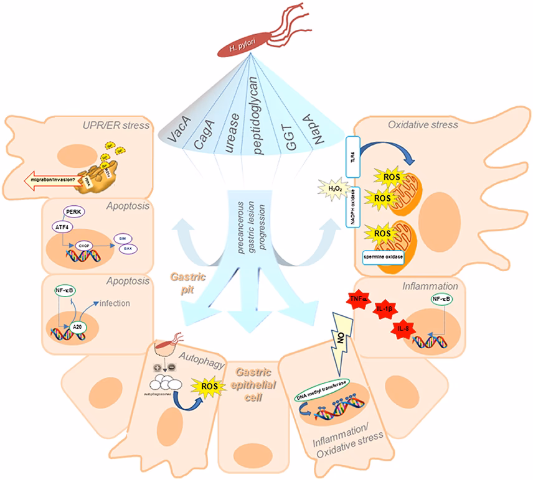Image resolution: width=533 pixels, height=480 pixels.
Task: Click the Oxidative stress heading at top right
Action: (x=423, y=124)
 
